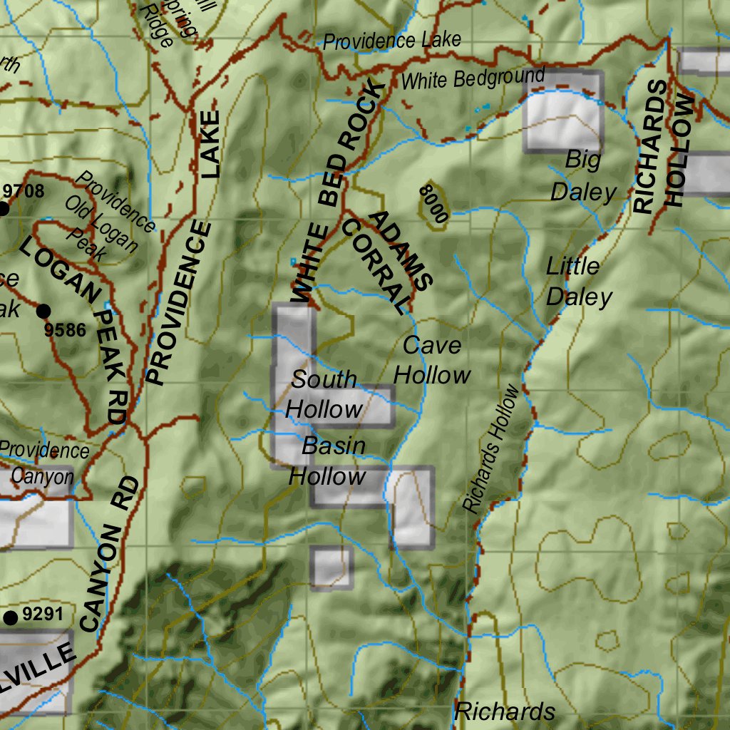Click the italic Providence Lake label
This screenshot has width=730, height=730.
tap(392, 41)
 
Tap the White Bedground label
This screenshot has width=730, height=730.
tap(473, 78)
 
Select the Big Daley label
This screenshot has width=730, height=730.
tap(583, 176)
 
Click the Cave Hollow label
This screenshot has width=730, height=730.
tap(433, 360)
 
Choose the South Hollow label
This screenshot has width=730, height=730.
tap(324, 394)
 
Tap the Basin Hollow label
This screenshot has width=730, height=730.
tap(329, 461)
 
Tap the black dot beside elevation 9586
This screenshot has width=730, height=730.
tap(43, 311)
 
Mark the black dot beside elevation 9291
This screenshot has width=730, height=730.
tap(11, 617)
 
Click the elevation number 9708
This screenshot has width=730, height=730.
tap(24, 191)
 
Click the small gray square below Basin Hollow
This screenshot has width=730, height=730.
tap(331, 568)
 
